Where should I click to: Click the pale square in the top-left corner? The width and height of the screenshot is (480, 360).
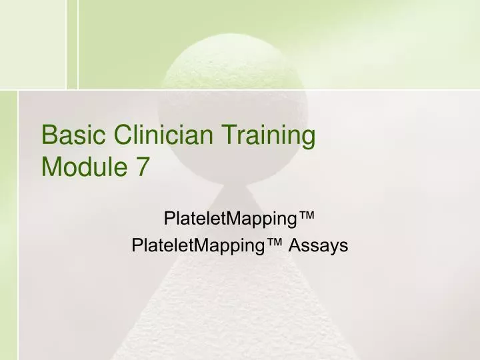(33, 43)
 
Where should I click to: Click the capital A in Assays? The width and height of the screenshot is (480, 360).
(295, 245)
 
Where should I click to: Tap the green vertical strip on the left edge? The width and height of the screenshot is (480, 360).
(8, 227)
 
